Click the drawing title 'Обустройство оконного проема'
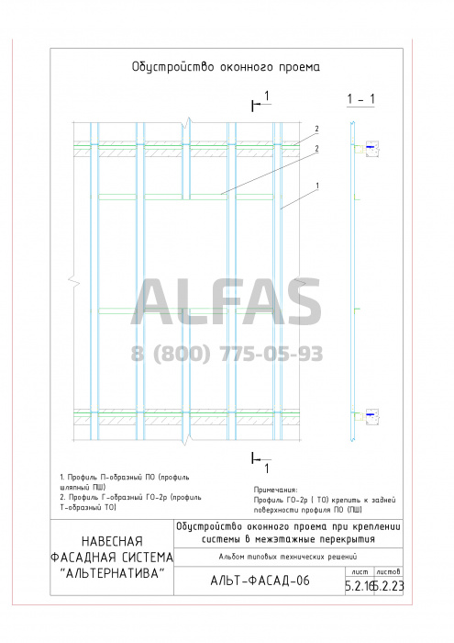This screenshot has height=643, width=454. pyautogui.click(x=226, y=67)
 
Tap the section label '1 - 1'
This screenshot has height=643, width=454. pyautogui.click(x=360, y=99)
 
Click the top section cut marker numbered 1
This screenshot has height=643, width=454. pyautogui.click(x=261, y=102)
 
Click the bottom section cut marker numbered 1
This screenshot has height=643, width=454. pyautogui.click(x=261, y=463)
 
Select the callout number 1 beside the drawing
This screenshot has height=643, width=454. pyautogui.click(x=317, y=186)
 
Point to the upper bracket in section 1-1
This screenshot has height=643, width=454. pyautogui.click(x=370, y=149)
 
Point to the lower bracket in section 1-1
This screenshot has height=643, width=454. pyautogui.click(x=370, y=416)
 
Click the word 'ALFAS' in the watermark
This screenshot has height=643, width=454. pyautogui.click(x=227, y=302)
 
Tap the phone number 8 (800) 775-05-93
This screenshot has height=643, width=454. pyautogui.click(x=227, y=354)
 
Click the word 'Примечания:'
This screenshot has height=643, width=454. pyautogui.click(x=275, y=490)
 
